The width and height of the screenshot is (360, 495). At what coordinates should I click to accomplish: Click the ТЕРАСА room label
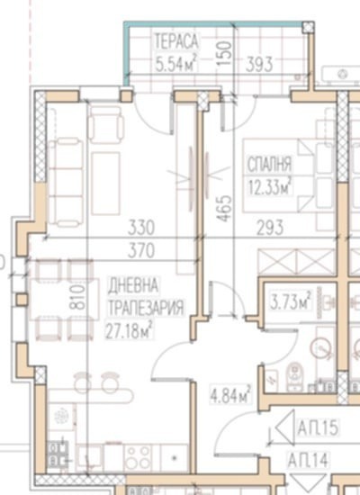[176, 41]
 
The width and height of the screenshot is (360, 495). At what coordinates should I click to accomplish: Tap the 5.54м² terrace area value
[176, 63]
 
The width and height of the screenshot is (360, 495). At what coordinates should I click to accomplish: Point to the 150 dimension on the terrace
[225, 53]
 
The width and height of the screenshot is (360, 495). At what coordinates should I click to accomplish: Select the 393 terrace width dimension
[259, 65]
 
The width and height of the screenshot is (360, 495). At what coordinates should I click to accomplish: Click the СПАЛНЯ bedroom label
[269, 165]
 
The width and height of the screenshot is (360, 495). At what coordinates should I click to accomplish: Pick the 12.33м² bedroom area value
[269, 186]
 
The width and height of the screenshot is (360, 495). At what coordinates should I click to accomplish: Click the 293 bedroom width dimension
[270, 228]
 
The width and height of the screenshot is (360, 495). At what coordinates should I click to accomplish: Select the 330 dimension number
[141, 228]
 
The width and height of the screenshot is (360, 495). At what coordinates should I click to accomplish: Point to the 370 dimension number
[141, 251]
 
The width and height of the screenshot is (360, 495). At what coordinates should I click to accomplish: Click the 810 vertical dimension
[78, 297]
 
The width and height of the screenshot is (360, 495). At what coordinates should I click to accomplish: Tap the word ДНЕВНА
[133, 285]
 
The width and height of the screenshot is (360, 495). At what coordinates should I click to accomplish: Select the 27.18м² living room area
[129, 330]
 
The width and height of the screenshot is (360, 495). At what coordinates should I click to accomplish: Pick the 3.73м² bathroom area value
[291, 301]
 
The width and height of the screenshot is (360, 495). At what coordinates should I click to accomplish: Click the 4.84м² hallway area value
[231, 394]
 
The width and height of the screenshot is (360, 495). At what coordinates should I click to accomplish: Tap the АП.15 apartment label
[318, 427]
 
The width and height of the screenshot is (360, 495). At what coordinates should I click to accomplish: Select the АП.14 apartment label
[308, 460]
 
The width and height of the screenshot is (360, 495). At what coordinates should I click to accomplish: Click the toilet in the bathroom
[294, 376]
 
